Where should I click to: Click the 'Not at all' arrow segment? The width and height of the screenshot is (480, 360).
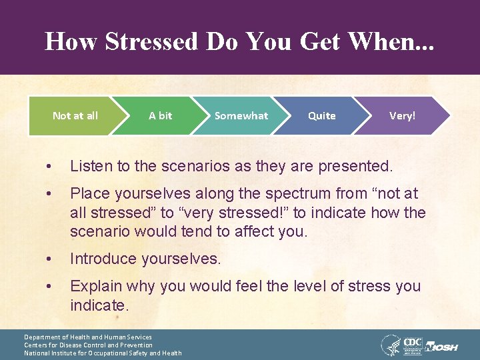point(75,116)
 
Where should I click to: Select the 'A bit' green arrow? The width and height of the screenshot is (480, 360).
point(160,116)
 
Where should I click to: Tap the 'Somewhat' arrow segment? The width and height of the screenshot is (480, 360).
point(241,116)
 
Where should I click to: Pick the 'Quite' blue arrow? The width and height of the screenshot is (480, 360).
point(321,116)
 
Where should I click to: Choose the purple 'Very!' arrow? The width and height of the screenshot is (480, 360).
point(402,116)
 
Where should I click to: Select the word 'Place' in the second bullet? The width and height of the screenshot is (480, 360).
point(89,193)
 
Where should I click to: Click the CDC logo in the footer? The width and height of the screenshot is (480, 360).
point(412,344)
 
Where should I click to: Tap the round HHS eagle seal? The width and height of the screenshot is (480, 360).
point(390,345)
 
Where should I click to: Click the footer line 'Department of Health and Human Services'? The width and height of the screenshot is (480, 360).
point(88,337)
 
